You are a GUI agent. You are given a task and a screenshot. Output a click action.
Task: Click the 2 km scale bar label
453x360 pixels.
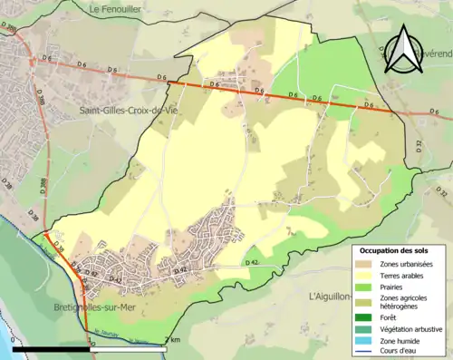pyautogui.click(x=171, y=340)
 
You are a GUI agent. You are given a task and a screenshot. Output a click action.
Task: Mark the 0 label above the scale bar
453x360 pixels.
pyautogui.click(x=13, y=340)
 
